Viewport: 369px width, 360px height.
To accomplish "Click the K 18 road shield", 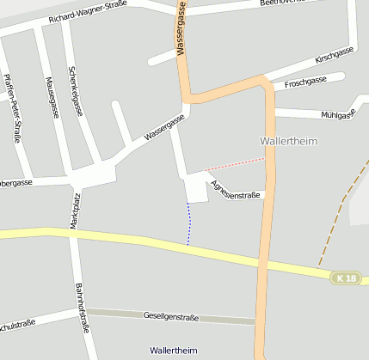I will [346, 278].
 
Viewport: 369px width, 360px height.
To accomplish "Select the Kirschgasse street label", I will [335, 58].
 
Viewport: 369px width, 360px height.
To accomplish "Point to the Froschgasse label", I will [305, 81].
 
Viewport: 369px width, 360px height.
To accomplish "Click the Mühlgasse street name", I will [336, 113].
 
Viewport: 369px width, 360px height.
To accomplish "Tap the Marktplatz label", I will [76, 211].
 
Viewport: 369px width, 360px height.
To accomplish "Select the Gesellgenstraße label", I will [170, 317].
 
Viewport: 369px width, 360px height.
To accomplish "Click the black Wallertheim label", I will [173, 351].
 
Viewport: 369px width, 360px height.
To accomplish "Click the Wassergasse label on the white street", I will [164, 129].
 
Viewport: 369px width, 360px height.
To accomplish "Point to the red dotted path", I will [234, 164].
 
